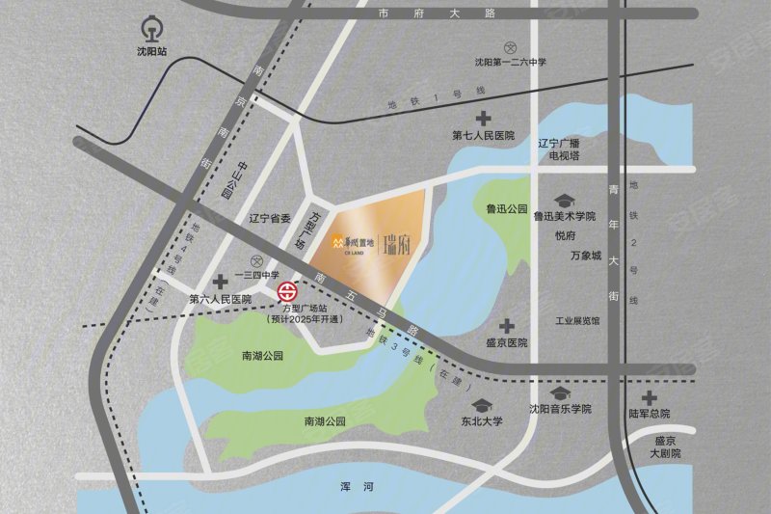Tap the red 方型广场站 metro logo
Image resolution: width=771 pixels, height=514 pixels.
coord(287,291)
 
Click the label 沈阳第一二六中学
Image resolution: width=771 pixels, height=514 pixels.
coord(511,63)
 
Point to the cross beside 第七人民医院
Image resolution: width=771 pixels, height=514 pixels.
coord(482,119)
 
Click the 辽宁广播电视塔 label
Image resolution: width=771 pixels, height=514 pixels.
coord(563,148)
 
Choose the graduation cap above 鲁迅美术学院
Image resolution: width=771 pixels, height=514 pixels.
coord(565,200)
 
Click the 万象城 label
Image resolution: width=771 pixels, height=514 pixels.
coord(585,256)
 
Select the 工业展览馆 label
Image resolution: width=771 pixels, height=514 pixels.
coord(578,319)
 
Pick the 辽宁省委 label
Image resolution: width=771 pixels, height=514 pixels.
coord(270,218)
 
